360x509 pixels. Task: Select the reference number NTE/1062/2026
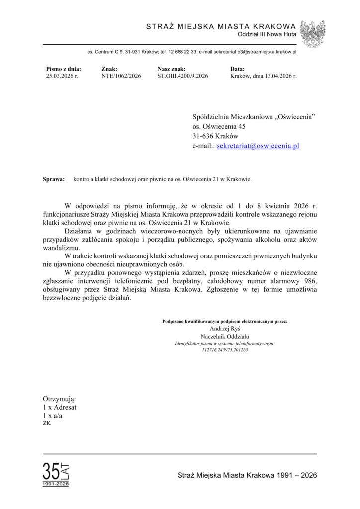121,76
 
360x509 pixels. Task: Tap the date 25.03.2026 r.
62,76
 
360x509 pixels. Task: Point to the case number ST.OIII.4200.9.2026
182,76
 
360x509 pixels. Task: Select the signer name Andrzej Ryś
225,329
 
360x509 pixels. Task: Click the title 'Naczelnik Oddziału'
225,336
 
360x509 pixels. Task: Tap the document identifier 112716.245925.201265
225,350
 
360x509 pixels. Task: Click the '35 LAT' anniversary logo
56,474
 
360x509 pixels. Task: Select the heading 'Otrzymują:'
60,399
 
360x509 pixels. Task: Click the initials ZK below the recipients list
47,424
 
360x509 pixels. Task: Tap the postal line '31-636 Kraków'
215,136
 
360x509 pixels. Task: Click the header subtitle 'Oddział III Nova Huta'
269,34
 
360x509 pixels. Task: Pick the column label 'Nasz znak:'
172,69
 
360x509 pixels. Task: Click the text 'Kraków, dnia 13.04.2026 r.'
264,76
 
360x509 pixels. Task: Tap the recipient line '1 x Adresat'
60,407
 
